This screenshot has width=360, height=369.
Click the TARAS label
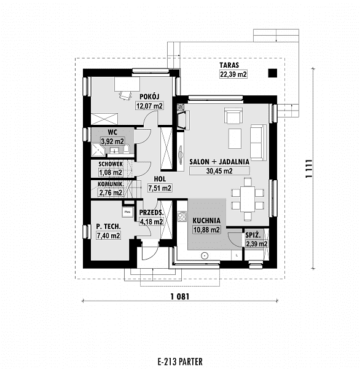pyautogui.click(x=229, y=65)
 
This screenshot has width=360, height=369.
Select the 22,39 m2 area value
pyautogui.click(x=233, y=74)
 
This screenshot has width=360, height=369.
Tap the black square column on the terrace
pyautogui.click(x=273, y=73)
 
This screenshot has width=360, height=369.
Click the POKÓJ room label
pyautogui.click(x=149, y=97)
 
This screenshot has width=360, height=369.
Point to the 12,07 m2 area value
pyautogui.click(x=149, y=106)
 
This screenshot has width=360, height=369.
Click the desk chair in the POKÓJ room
pyautogui.click(x=125, y=95)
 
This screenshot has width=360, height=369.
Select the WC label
pyautogui.click(x=112, y=132)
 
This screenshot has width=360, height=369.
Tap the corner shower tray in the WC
pyautogui.click(x=98, y=149)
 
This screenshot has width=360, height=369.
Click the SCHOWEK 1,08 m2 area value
pyautogui.click(x=111, y=172)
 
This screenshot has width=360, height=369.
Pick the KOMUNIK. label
pyautogui.click(x=111, y=184)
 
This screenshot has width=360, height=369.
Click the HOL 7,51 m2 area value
pyautogui.click(x=160, y=188)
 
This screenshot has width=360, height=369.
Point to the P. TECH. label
pyautogui.click(x=108, y=226)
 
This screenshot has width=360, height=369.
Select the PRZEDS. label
pyautogui.click(x=151, y=213)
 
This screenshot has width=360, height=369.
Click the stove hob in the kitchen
pyautogui.click(x=182, y=216)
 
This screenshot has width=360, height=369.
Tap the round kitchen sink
pyautogui.click(x=205, y=256)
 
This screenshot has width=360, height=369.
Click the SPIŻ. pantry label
pyautogui.click(x=253, y=235)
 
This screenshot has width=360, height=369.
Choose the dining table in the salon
pyautogui.click(x=248, y=199)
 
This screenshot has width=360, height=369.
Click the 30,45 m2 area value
pyautogui.click(x=219, y=171)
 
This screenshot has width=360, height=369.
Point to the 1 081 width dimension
pyautogui.click(x=180, y=296)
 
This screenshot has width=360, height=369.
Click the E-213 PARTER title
pyautogui.click(x=180, y=361)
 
